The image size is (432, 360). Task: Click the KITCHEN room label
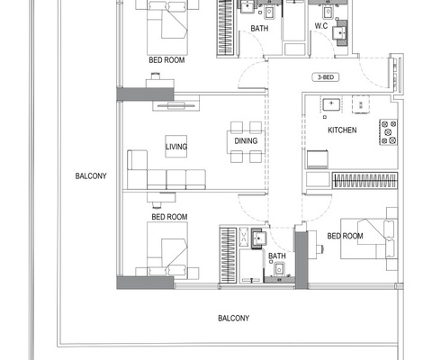tap(341, 130)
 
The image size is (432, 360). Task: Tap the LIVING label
tap(175, 145)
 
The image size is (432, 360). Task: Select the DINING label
tap(246, 141)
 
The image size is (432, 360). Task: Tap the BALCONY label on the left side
tap(92, 176)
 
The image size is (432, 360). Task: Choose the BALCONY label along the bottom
tap(233, 319)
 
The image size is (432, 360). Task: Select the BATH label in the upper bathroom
tap(259, 29)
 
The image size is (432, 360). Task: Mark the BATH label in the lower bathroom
tap(276, 256)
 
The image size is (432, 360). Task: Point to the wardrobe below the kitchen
tap(364, 179)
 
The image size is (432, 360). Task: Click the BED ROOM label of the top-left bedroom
tap(168, 60)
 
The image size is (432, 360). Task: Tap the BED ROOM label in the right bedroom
tap(345, 236)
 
